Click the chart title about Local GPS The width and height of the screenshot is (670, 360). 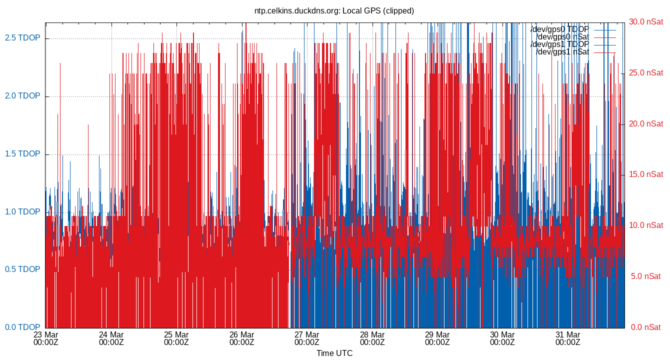(x=334, y=10)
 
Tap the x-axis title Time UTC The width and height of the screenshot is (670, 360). (x=334, y=353)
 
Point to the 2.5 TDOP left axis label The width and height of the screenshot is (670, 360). (x=22, y=38)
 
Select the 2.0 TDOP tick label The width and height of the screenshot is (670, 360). (x=22, y=96)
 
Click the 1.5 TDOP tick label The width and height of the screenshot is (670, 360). (x=22, y=154)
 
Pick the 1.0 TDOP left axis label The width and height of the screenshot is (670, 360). (x=22, y=211)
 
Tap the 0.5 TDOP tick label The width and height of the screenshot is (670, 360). (x=22, y=269)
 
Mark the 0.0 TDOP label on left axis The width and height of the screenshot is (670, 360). (x=22, y=327)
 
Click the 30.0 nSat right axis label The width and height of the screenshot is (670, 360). (x=646, y=22)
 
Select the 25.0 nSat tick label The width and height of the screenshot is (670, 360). (x=646, y=73)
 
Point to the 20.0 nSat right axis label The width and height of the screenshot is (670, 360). (x=646, y=124)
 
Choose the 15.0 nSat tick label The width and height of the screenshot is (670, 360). (x=646, y=174)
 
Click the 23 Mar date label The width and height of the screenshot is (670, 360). (x=46, y=334)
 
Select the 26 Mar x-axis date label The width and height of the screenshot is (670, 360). (x=241, y=334)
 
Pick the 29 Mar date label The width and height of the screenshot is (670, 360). (x=437, y=334)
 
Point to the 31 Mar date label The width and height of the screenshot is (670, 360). (x=567, y=334)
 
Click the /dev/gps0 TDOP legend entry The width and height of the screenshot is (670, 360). (x=559, y=29)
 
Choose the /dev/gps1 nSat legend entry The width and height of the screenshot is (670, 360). (x=562, y=52)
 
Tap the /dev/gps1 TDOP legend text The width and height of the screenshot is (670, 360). (x=559, y=44)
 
